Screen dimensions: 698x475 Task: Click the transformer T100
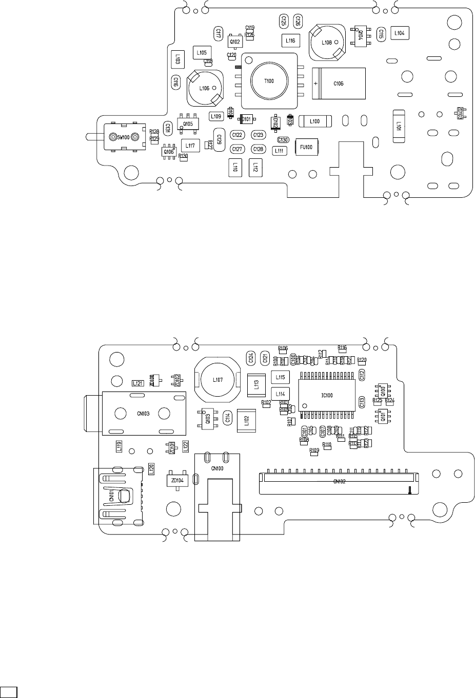(269, 81)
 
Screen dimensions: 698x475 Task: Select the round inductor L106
(204, 88)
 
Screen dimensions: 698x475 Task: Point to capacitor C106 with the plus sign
(339, 83)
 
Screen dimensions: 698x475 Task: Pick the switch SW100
(124, 137)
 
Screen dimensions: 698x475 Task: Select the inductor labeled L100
(314, 121)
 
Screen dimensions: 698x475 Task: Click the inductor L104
(400, 33)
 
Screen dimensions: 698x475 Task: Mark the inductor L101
(398, 124)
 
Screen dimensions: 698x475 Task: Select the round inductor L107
(217, 380)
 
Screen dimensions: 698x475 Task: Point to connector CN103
(143, 414)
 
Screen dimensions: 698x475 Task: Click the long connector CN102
(339, 482)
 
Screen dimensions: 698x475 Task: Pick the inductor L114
(280, 394)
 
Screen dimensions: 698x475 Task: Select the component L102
(246, 421)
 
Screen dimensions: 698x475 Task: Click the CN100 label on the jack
(217, 468)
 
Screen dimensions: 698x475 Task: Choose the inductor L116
(290, 40)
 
